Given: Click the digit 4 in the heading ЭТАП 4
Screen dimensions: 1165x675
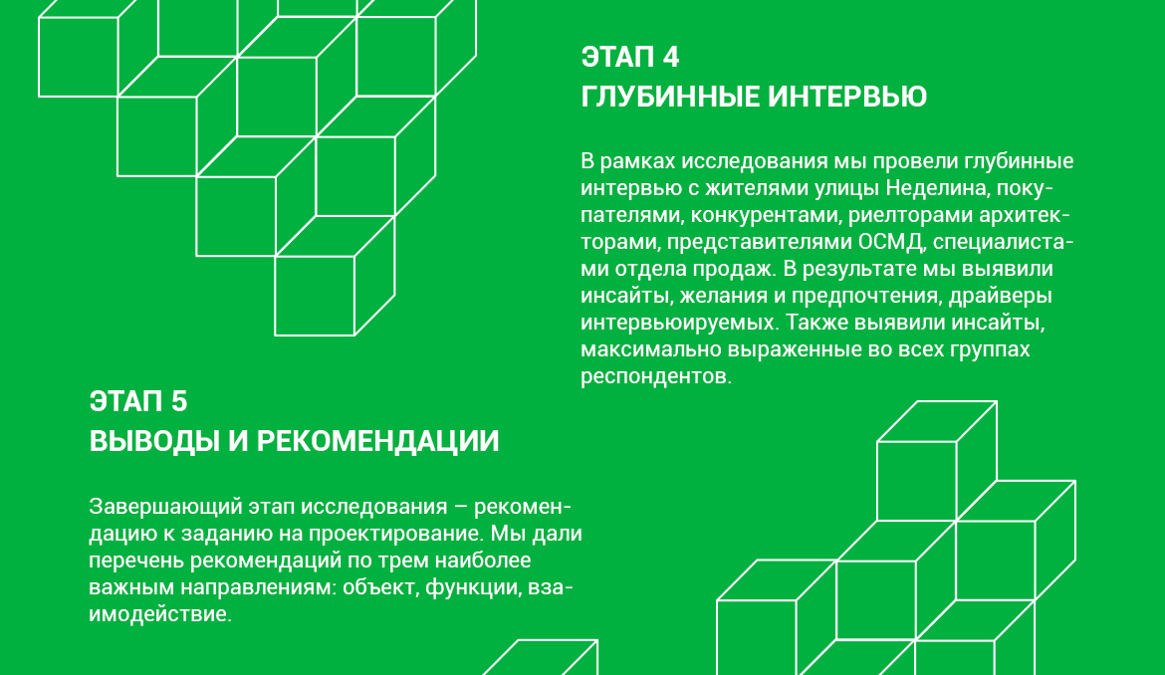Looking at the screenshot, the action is [x=670, y=57].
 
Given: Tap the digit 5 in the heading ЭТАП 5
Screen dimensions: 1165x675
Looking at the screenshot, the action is [x=179, y=402].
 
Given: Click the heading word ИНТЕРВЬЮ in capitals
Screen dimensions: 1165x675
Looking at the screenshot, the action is [x=847, y=97].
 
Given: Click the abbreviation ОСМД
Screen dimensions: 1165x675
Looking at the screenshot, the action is [x=891, y=242].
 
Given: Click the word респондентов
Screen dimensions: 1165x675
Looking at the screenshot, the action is [x=656, y=376].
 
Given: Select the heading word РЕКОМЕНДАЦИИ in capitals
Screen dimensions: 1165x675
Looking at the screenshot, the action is [x=377, y=441].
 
